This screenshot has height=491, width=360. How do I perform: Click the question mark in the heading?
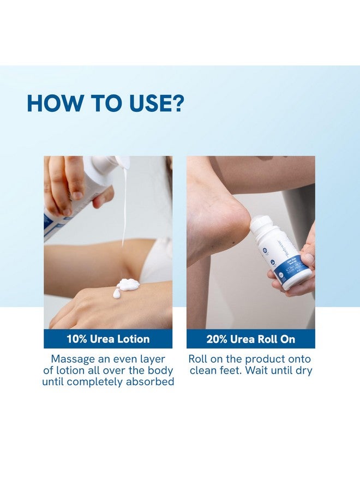click(177, 103)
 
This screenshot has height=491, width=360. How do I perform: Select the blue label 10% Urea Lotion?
click(108, 339)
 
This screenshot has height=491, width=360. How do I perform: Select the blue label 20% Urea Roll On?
click(250, 339)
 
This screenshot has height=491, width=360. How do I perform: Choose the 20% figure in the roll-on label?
click(218, 339)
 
